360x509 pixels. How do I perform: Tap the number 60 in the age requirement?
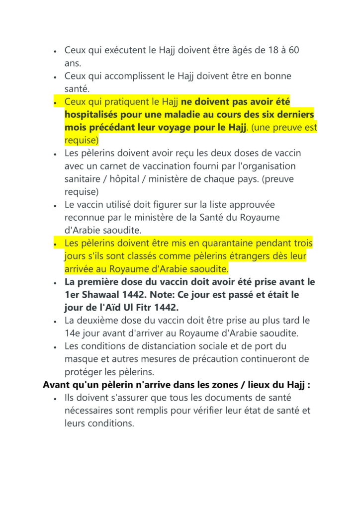293,50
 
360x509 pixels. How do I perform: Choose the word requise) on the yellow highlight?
82,140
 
